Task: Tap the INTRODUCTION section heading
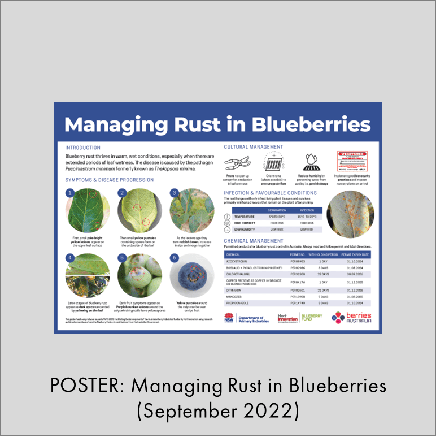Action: (x=83, y=148)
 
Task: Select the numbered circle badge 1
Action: (x=70, y=193)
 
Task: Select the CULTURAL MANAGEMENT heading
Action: (x=254, y=147)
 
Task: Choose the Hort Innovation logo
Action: (x=287, y=318)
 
